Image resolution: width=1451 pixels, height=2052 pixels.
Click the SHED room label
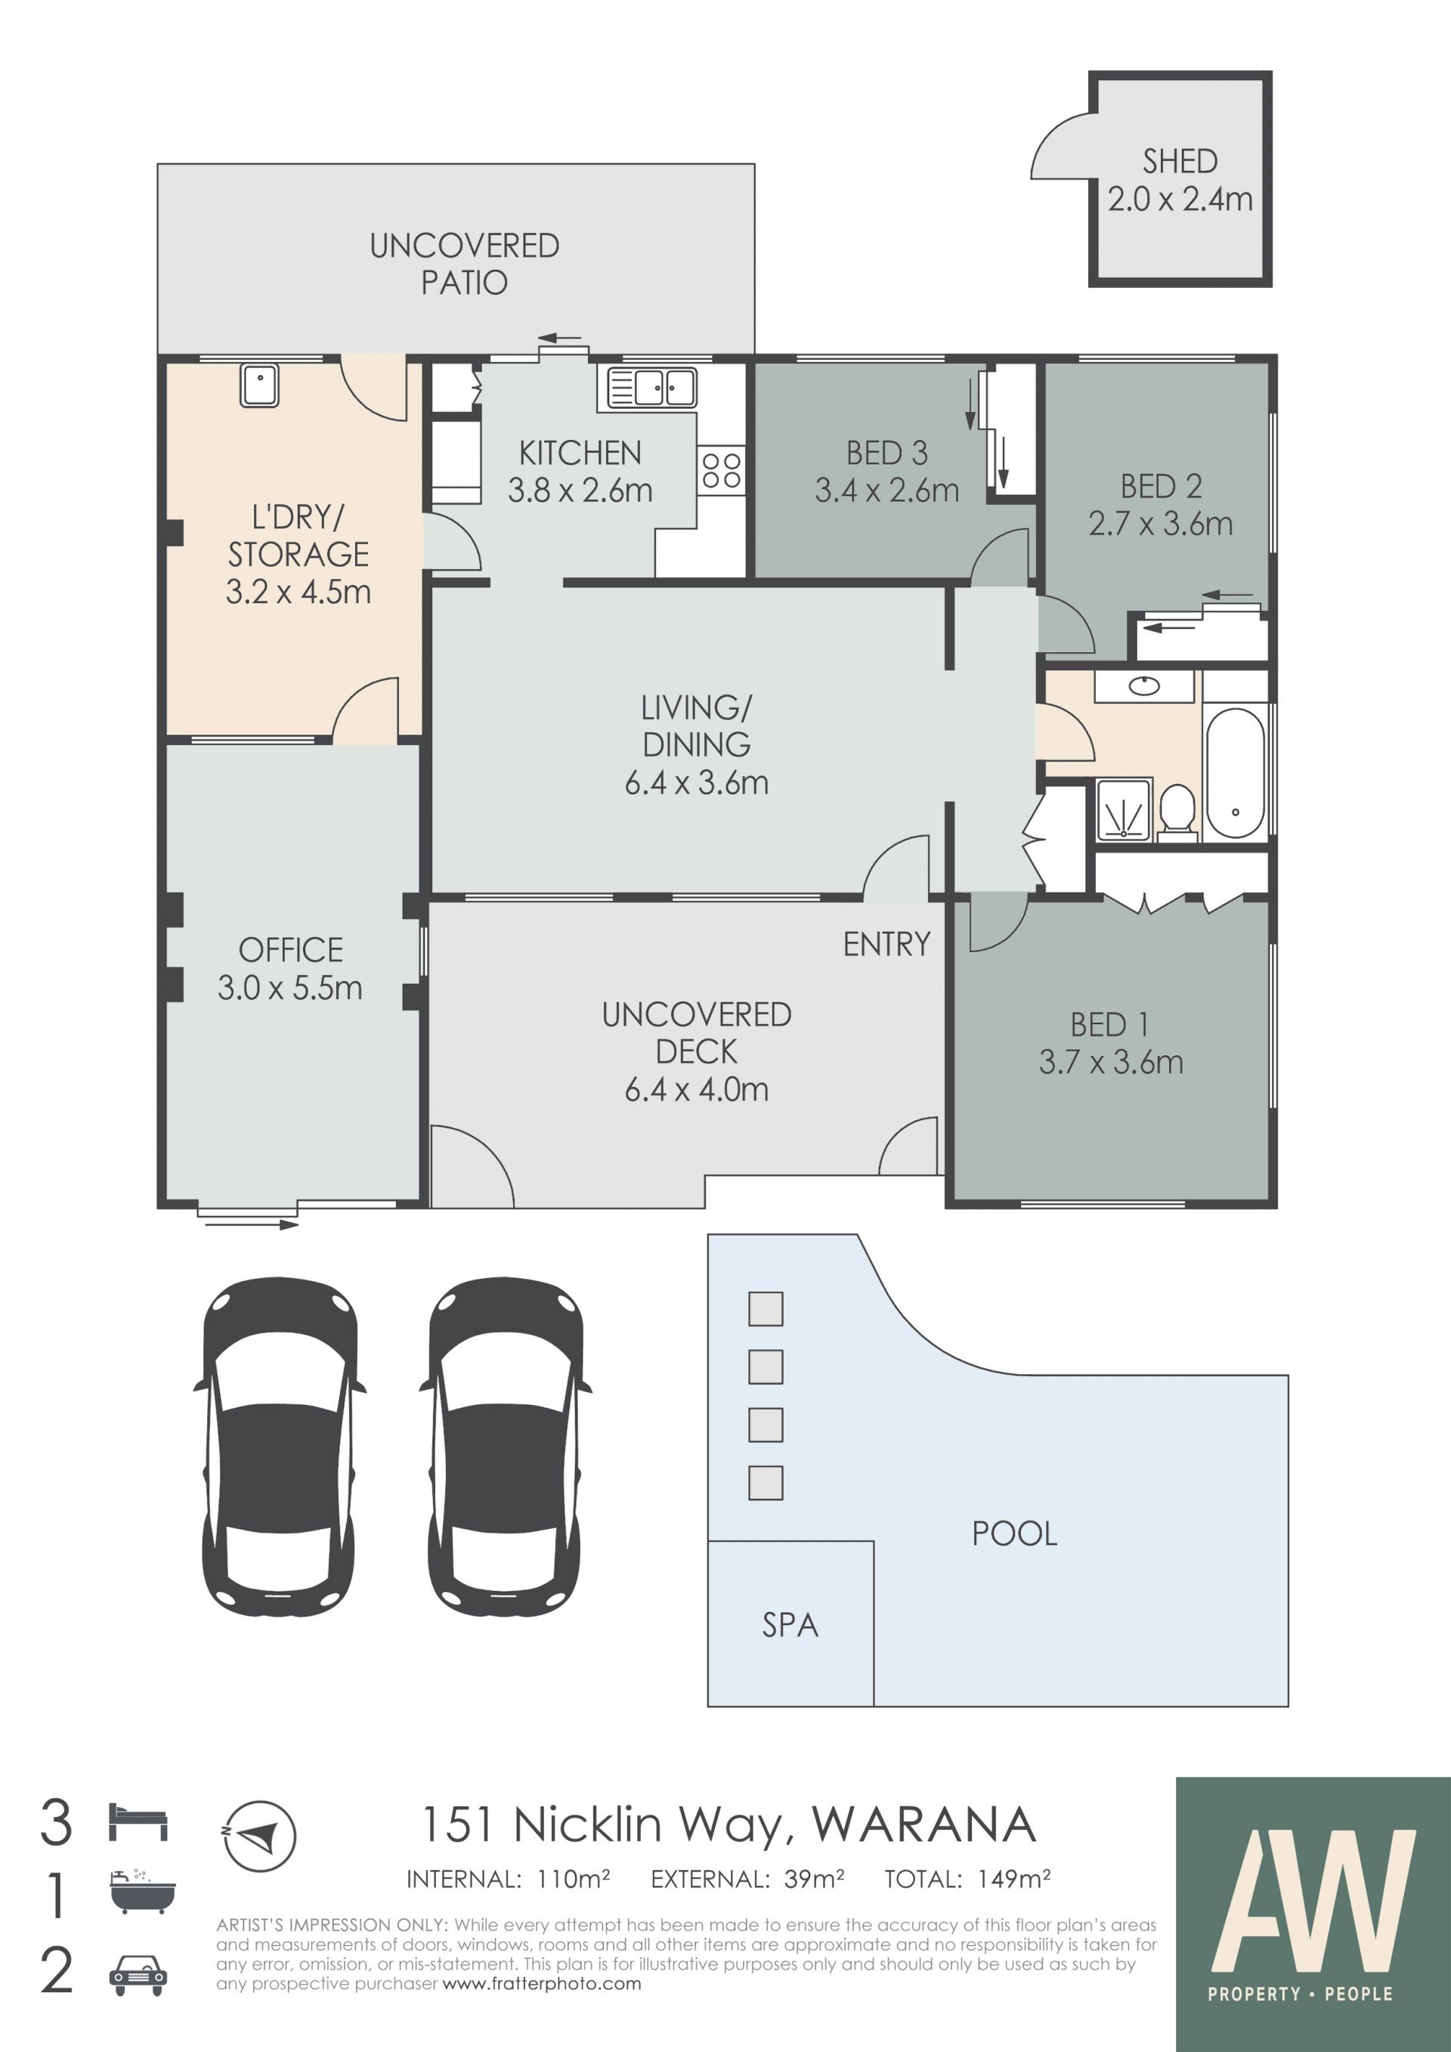(x=1180, y=162)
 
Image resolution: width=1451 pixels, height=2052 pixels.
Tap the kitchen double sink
(x=651, y=388)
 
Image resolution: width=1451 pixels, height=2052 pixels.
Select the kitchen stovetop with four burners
(x=721, y=470)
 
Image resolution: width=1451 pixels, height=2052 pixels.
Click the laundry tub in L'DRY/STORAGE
(x=259, y=386)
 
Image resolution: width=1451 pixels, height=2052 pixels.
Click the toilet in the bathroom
(x=1177, y=812)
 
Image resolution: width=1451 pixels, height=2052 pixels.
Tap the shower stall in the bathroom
(x=1124, y=809)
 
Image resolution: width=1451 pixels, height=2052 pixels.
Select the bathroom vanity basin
(x=1144, y=686)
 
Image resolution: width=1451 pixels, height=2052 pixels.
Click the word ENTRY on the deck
(x=886, y=945)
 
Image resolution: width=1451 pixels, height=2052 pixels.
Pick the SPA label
(x=790, y=1625)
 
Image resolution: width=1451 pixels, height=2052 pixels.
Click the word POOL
(x=1014, y=1534)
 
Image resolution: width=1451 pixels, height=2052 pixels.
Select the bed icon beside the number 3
(x=138, y=1822)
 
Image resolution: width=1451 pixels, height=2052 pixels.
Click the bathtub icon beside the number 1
(x=142, y=1892)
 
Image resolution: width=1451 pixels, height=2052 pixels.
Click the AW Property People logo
(x=1313, y=1914)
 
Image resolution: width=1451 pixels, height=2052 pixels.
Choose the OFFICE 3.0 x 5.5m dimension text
(x=290, y=988)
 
